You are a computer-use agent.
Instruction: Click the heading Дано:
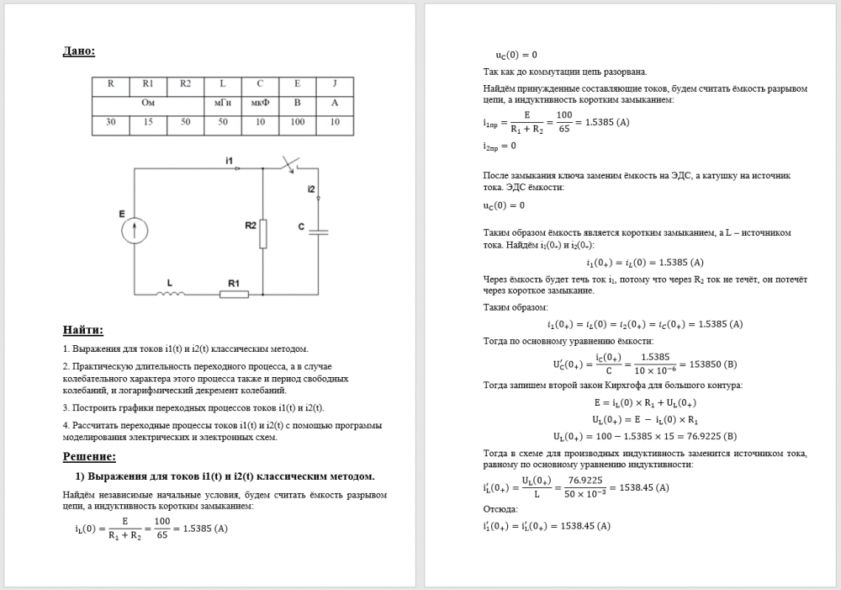click(79, 51)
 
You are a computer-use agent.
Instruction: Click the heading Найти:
click(89, 329)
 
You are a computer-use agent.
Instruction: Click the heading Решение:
click(89, 456)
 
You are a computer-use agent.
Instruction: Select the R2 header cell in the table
click(185, 84)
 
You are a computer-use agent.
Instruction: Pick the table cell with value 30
click(111, 123)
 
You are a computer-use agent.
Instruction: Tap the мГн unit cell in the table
click(222, 104)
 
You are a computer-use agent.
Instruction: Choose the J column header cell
click(335, 84)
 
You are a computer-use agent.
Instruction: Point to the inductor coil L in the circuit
click(172, 294)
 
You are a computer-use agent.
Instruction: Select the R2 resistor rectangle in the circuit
click(263, 233)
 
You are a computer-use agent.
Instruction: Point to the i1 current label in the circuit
click(229, 159)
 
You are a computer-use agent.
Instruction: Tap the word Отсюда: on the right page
click(500, 509)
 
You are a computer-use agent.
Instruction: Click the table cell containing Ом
click(148, 104)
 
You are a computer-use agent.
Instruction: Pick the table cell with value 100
click(297, 123)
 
